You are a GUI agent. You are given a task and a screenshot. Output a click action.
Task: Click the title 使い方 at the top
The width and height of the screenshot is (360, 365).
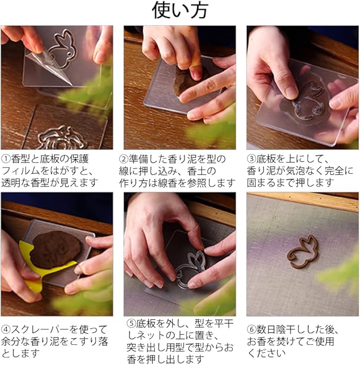click(180, 11)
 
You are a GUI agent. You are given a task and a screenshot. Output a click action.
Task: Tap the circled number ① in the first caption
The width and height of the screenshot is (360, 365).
click(6, 159)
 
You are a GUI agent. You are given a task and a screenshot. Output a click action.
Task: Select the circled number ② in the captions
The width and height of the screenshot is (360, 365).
click(124, 159)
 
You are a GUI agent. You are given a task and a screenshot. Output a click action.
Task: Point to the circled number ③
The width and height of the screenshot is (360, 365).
click(251, 159)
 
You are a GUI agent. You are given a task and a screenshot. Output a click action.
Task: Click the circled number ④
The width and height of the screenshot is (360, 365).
click(6, 330)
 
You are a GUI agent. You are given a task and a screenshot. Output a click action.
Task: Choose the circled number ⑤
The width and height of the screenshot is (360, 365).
click(131, 324)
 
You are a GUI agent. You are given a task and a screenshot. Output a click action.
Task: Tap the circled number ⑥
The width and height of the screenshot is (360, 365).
click(251, 330)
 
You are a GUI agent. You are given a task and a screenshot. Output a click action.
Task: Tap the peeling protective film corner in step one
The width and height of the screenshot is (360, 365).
click(47, 63)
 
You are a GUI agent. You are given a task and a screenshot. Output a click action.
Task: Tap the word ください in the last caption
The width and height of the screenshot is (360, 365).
click(266, 353)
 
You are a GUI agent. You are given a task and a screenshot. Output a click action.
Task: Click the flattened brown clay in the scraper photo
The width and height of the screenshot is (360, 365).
click(56, 250)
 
